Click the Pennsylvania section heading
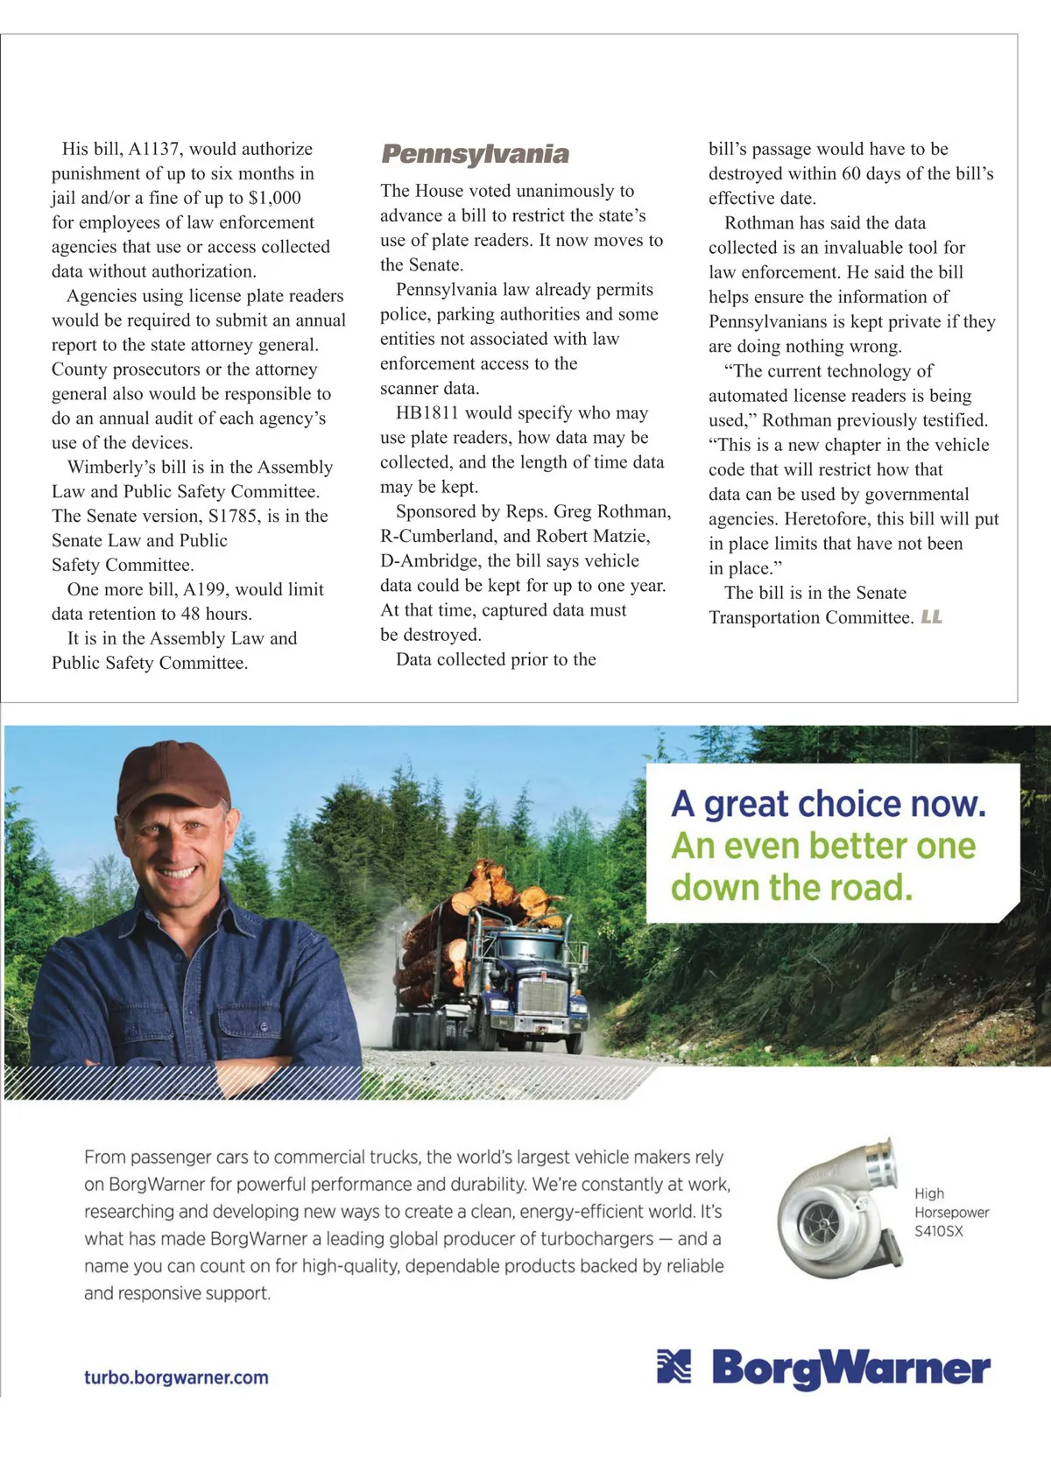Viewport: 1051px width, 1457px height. coord(475,154)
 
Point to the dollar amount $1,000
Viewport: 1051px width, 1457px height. coord(275,198)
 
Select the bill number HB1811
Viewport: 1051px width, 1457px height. coord(427,412)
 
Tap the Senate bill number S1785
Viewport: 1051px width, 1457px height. coord(233,516)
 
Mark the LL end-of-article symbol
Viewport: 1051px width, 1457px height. coord(932,617)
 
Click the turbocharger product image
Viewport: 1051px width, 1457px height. coord(836,1208)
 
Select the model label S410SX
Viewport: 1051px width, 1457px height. coord(939,1231)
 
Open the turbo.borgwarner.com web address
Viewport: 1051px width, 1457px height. coord(176,1377)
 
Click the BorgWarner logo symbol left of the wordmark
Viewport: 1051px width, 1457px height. coord(674,1367)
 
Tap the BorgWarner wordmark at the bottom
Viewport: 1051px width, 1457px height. coord(850,1369)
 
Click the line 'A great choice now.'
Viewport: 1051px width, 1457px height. coord(829,804)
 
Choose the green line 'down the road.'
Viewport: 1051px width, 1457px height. coord(792,887)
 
